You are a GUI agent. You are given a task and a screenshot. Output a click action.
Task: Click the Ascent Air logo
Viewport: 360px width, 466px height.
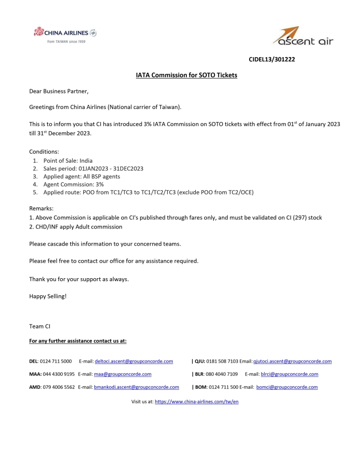[x=302, y=36]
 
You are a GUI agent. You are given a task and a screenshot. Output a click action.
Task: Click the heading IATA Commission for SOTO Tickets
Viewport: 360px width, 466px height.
[x=186, y=75]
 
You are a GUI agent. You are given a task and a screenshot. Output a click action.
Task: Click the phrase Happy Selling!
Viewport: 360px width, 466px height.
[x=48, y=296]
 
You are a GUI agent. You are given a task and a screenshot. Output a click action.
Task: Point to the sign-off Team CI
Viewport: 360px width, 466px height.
[x=40, y=326]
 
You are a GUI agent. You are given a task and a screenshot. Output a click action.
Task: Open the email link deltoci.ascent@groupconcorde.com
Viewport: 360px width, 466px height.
[x=134, y=361]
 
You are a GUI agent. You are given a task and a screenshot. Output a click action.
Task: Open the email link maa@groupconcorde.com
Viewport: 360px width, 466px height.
[x=123, y=374]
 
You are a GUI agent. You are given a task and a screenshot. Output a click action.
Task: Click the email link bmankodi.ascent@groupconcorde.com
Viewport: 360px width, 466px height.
[x=136, y=387]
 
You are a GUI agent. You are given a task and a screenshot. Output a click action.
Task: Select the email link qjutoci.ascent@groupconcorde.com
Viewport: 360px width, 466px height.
[x=292, y=361]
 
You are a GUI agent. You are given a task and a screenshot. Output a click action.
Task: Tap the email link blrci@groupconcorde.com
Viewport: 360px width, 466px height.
[x=290, y=374]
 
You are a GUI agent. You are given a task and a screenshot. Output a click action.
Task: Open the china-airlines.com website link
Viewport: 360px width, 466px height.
[x=196, y=402]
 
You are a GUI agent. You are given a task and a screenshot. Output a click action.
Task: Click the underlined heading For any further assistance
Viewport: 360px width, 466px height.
[x=78, y=341]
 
